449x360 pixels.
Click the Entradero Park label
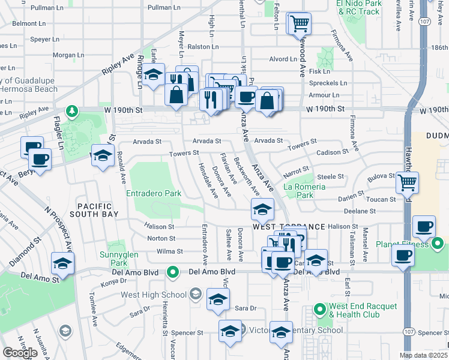pos(154,194)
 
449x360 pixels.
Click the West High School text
pos(154,295)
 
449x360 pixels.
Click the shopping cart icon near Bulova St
pos(408,182)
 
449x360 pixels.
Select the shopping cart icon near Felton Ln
pos(299,24)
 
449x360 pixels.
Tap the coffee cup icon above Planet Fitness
pos(424,226)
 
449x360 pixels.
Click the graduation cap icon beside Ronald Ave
pos(102,155)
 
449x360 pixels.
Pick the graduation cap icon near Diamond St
pos(62,263)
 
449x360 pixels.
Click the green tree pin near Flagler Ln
pos(72,111)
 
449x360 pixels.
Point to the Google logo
pos(20,353)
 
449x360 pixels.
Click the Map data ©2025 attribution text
pos(424,355)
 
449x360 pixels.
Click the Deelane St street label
pos(360,211)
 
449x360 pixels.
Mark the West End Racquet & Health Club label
pos(363,310)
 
